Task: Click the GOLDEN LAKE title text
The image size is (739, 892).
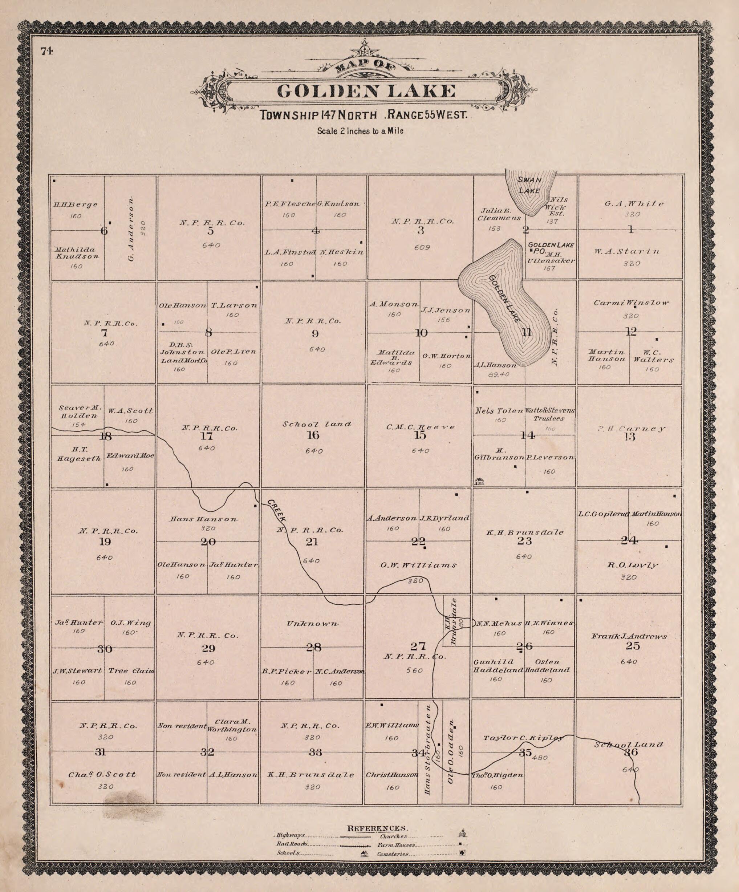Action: point(366,91)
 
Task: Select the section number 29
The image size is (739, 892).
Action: point(209,648)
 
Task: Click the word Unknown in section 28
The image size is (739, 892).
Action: point(313,624)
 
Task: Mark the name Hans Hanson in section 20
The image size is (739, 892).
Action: point(204,519)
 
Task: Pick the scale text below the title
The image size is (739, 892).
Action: point(360,131)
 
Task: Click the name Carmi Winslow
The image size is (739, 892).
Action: point(631,303)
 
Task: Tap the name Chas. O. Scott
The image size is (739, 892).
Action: point(102,774)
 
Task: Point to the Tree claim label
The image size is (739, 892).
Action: point(131,671)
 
